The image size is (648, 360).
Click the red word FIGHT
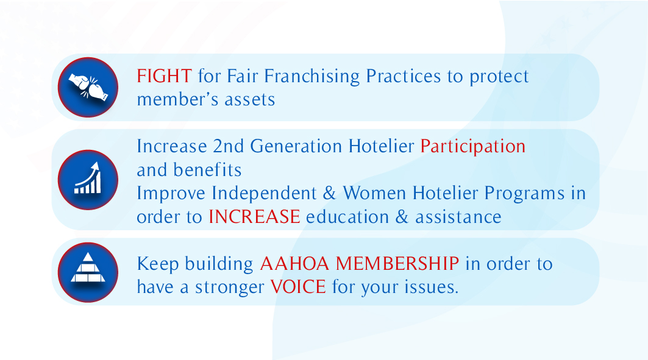164,76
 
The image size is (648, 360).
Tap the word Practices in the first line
404,76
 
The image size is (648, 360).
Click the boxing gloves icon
88,87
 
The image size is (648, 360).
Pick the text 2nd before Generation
228,147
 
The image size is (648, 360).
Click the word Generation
296,147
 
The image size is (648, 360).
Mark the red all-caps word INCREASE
254,217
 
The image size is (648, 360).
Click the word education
347,217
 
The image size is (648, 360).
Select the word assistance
458,217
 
